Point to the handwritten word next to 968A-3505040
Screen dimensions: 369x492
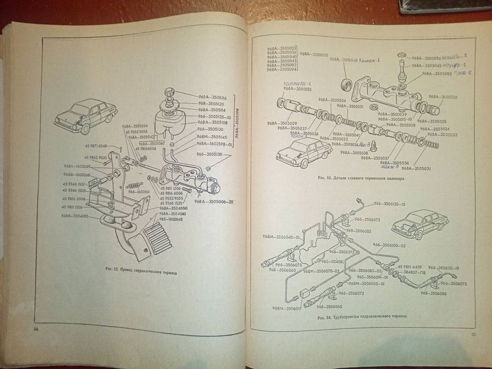pyautogui.click(x=379, y=60)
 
